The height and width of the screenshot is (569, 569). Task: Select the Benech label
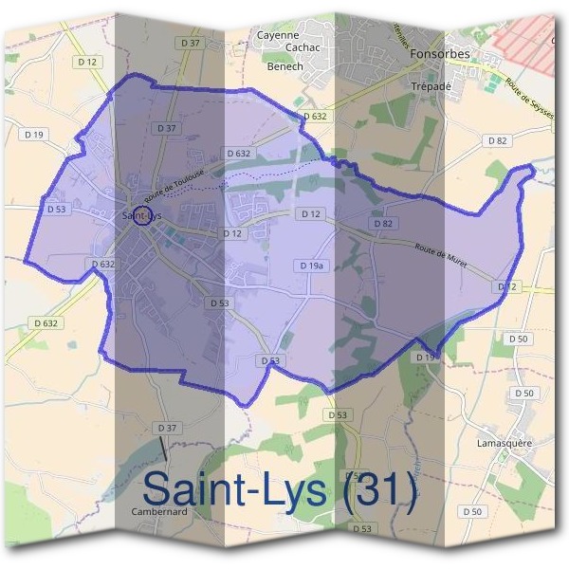coord(284,66)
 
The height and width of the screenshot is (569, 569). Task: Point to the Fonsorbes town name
coord(442,54)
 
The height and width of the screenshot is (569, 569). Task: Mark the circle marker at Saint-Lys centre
coord(142,216)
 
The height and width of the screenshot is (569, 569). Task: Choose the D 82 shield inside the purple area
coord(383,223)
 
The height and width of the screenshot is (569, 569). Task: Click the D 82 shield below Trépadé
coord(497,140)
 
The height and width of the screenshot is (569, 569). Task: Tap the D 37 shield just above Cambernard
coord(167,429)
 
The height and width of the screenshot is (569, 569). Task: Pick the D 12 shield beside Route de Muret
coord(508,285)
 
